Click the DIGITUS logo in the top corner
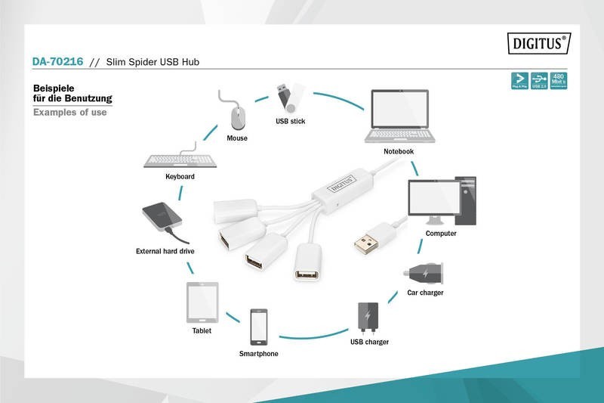pyautogui.click(x=537, y=45)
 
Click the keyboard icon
pyautogui.click(x=180, y=160)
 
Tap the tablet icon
pyautogui.click(x=202, y=302)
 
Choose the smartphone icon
pyautogui.click(x=259, y=327)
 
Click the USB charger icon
pyautogui.click(x=368, y=318)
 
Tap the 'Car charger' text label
pyautogui.click(x=425, y=293)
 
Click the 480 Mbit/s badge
pyautogui.click(x=559, y=80)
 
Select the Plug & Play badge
pyautogui.click(x=519, y=80)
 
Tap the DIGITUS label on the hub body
pyautogui.click(x=339, y=181)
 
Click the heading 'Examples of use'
pyautogui.click(x=69, y=113)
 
